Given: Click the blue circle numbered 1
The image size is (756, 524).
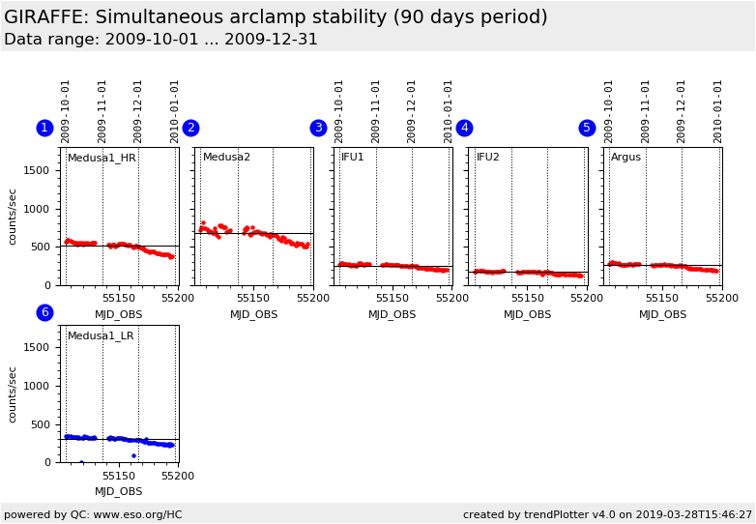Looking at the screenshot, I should click(44, 129).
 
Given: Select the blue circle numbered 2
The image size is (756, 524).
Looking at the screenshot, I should click(190, 129).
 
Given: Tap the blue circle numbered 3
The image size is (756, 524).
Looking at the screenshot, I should click(318, 129).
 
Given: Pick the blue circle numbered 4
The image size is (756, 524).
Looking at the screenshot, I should click(464, 129).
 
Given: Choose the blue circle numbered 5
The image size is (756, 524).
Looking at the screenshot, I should click(587, 129).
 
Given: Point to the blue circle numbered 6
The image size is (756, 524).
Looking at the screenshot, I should click(44, 313).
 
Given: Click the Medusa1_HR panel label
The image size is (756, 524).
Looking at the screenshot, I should click(102, 159).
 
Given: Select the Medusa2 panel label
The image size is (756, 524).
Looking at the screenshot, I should click(226, 158).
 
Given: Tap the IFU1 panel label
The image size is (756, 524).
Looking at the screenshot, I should click(353, 158).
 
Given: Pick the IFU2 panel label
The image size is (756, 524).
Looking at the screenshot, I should click(488, 158).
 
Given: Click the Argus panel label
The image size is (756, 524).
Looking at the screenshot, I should click(625, 158).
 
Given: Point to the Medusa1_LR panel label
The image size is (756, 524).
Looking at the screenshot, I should click(101, 336).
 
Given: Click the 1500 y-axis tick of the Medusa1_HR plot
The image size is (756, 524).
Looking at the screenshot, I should click(37, 171).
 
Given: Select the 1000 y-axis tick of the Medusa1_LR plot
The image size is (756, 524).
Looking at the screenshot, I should click(37, 387).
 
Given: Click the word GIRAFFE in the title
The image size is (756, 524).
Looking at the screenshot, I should click(44, 17).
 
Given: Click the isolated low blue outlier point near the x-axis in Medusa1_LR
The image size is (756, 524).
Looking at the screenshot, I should click(133, 455).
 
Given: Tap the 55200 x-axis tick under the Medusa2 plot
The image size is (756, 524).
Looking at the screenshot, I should click(312, 299).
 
